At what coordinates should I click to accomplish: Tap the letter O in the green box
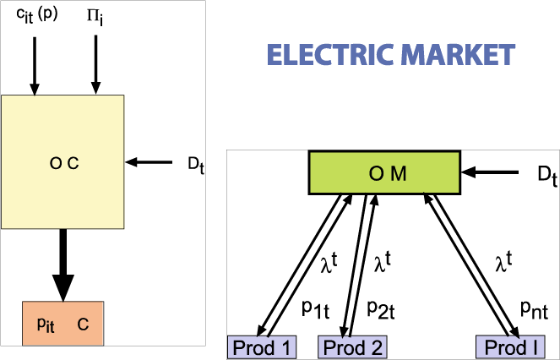click(377, 174)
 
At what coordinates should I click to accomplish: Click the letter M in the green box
click(399, 174)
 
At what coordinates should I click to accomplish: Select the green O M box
click(384, 173)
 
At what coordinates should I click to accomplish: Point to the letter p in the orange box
click(42, 324)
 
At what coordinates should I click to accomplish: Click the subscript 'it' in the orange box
click(51, 329)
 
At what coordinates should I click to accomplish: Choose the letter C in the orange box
click(83, 324)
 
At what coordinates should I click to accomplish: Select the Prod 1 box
click(262, 347)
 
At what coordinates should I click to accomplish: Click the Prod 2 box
click(353, 347)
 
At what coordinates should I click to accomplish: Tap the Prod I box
click(512, 347)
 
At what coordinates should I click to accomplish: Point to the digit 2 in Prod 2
click(377, 347)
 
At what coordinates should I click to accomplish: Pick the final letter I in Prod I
click(536, 347)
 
